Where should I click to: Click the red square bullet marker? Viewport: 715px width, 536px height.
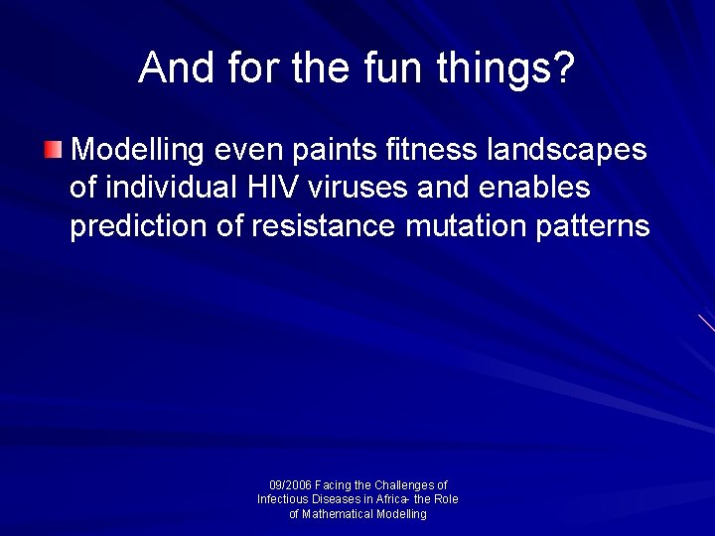coord(53,151)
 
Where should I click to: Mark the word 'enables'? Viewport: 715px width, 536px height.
coord(538,188)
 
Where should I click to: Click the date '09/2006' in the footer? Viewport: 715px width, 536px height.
coord(290,485)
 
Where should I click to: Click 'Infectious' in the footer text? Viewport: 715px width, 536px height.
coord(283,499)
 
